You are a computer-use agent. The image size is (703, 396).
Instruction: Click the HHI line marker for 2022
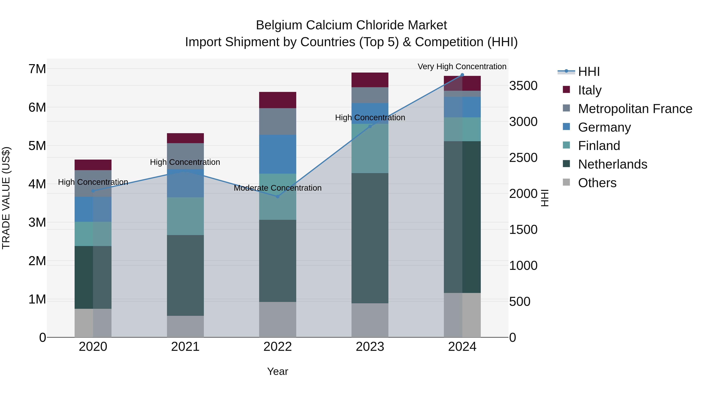coord(277,197)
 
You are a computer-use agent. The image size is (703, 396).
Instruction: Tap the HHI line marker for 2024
coord(462,75)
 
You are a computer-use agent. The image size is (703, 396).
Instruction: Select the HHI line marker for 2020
coord(93,191)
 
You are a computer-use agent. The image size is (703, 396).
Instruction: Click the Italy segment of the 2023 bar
coord(370,80)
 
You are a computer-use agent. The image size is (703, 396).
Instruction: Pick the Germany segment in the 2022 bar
coord(277,154)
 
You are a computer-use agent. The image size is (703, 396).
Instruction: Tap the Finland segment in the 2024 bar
coord(462,129)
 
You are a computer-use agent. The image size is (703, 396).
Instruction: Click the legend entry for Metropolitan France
coord(635,109)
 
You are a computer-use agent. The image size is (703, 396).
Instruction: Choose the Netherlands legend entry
coord(612,164)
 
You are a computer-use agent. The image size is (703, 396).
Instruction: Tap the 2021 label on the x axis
coord(185,347)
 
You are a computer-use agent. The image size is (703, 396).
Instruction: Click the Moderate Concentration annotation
coord(277,188)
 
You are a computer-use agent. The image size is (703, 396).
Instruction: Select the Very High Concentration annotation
coord(462,66)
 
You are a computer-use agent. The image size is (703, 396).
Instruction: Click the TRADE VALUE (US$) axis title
coord(6,198)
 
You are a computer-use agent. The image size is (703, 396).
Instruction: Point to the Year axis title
coord(277,371)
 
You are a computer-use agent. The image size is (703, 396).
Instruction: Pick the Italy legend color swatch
coord(566,90)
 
